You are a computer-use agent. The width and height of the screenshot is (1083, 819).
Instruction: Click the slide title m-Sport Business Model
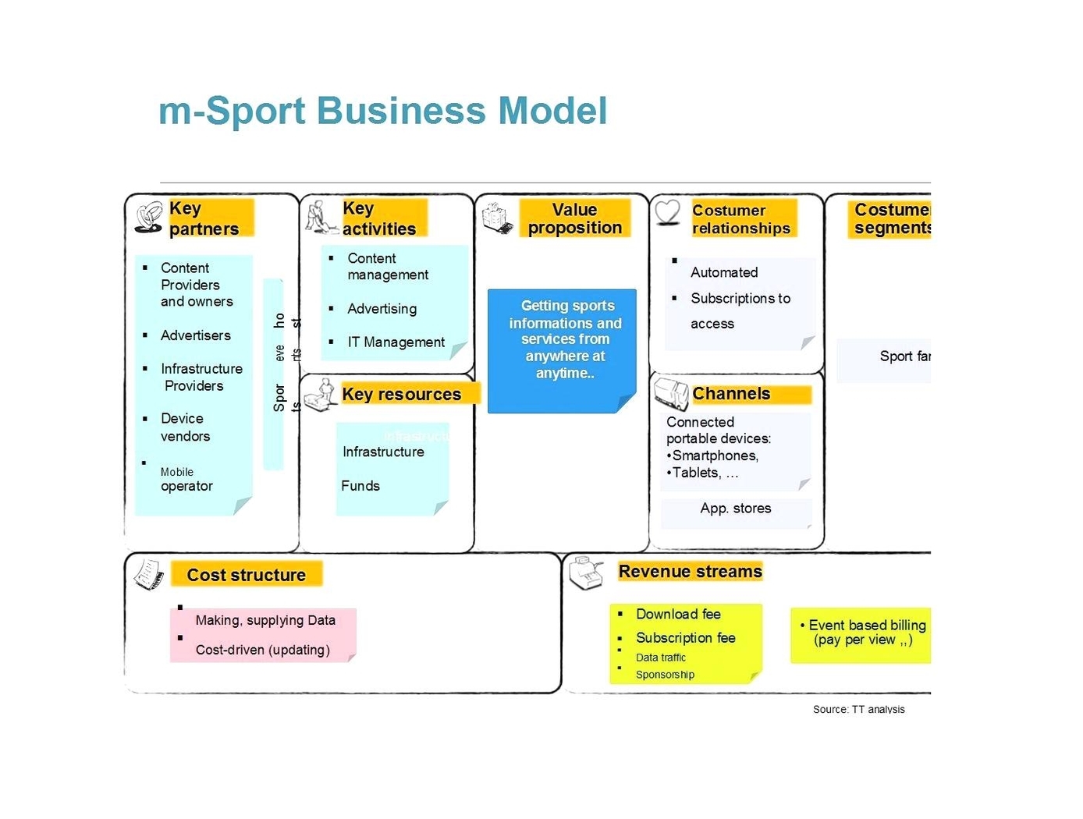(382, 111)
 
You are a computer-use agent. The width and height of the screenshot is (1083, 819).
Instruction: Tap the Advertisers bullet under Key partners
(195, 335)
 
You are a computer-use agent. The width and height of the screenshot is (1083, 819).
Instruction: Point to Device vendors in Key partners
(185, 427)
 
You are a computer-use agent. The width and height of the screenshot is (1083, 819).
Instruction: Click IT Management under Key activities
(396, 342)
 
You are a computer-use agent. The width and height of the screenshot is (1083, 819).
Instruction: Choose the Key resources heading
(401, 395)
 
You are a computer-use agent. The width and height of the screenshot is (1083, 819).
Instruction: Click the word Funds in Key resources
(360, 486)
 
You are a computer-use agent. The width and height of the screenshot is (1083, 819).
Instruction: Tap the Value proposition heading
(574, 218)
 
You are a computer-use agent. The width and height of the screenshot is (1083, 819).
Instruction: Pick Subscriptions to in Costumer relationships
(740, 299)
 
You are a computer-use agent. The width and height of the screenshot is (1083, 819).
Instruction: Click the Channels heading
(731, 394)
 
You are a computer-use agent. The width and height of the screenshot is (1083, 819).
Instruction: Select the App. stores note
(736, 509)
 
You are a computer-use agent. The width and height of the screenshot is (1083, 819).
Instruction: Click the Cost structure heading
(246, 575)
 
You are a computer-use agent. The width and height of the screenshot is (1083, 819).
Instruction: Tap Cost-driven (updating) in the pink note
(262, 650)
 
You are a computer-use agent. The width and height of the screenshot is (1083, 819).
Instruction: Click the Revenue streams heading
(690, 572)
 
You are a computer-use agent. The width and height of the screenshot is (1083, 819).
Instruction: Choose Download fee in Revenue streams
(678, 615)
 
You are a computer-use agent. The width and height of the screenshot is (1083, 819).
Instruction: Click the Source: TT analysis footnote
(858, 709)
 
